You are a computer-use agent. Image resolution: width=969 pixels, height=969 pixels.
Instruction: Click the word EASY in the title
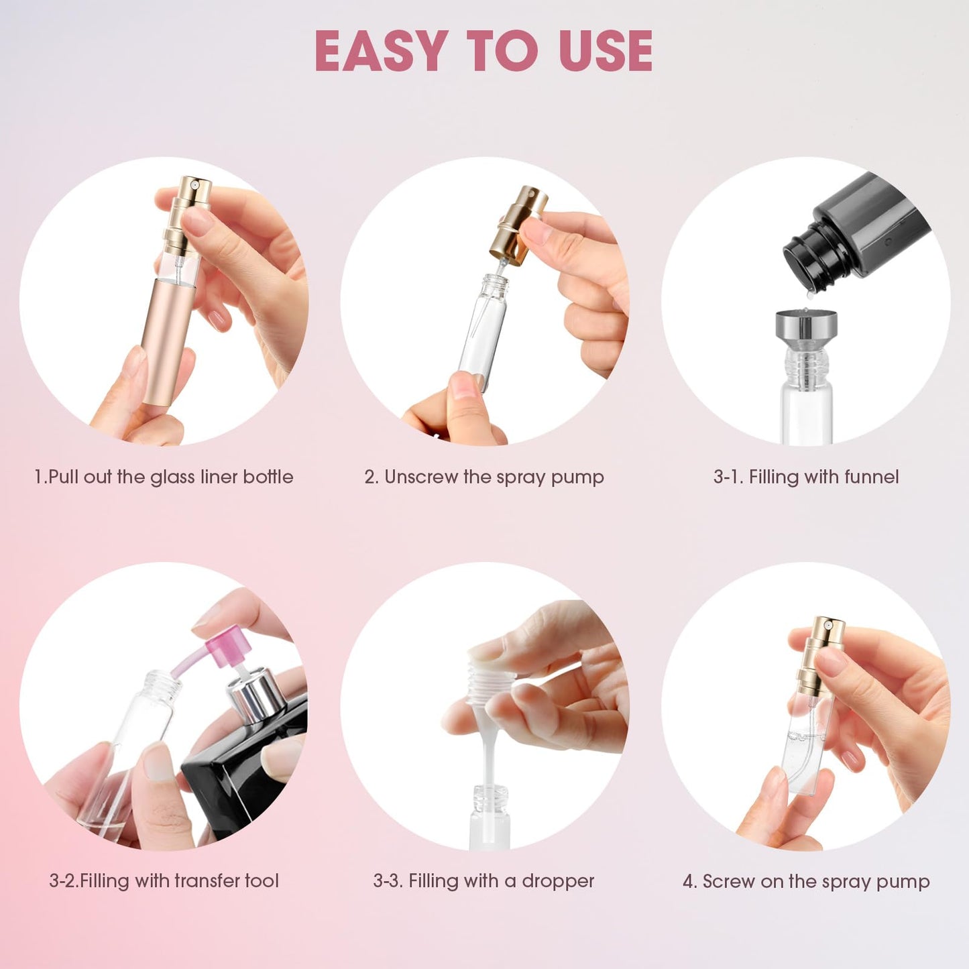click(x=381, y=51)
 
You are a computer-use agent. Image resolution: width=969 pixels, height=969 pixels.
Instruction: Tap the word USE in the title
click(x=606, y=51)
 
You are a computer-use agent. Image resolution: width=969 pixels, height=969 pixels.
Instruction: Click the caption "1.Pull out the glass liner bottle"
click(x=164, y=477)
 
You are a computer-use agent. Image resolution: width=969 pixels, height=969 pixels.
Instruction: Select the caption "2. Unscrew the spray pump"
click(x=484, y=477)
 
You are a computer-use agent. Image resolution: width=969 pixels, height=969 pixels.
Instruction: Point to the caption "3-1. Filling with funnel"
click(x=806, y=477)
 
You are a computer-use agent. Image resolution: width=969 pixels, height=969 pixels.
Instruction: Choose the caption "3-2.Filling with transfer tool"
click(x=164, y=880)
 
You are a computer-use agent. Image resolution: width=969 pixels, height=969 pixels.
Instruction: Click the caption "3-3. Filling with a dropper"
click(x=484, y=880)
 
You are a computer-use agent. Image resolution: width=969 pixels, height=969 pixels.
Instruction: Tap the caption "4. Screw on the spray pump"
click(x=806, y=881)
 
